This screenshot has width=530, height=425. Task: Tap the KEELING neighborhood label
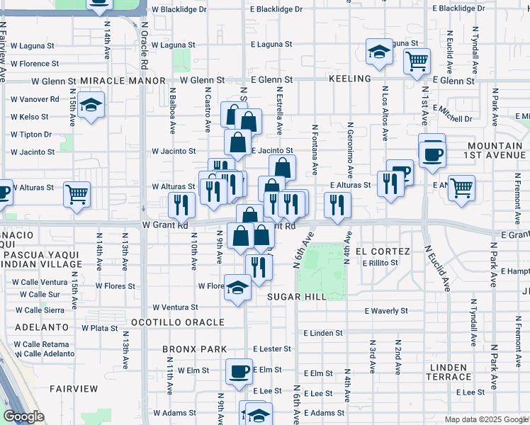[350, 79]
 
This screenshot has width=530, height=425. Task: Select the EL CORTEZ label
[383, 251]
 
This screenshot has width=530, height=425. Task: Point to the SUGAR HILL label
[297, 297]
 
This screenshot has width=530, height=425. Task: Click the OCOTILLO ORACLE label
[177, 322]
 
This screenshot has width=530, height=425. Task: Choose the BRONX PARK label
[194, 349]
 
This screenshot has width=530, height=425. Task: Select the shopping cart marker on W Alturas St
[77, 193]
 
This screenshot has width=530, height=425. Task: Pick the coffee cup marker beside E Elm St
[239, 371]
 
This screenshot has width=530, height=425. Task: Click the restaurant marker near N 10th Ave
[182, 205]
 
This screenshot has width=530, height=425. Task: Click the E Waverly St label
[386, 310]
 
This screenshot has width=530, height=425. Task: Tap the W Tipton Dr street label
[32, 135]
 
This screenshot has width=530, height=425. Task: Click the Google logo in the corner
[24, 417]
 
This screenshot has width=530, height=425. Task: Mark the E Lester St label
[272, 348]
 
